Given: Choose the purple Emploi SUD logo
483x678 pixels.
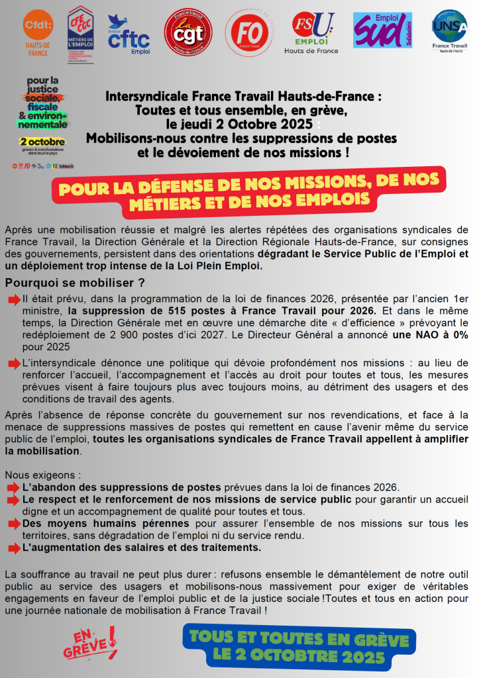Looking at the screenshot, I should click(x=382, y=30).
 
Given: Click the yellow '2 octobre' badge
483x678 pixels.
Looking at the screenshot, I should click(x=42, y=142).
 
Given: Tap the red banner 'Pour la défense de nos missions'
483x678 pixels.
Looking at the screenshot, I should click(x=250, y=193).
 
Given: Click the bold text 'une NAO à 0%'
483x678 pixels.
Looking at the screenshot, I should click(x=429, y=335).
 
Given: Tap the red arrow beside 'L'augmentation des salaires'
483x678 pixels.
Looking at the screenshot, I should click(x=14, y=548).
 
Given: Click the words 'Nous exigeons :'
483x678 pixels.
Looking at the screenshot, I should click(x=42, y=475).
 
